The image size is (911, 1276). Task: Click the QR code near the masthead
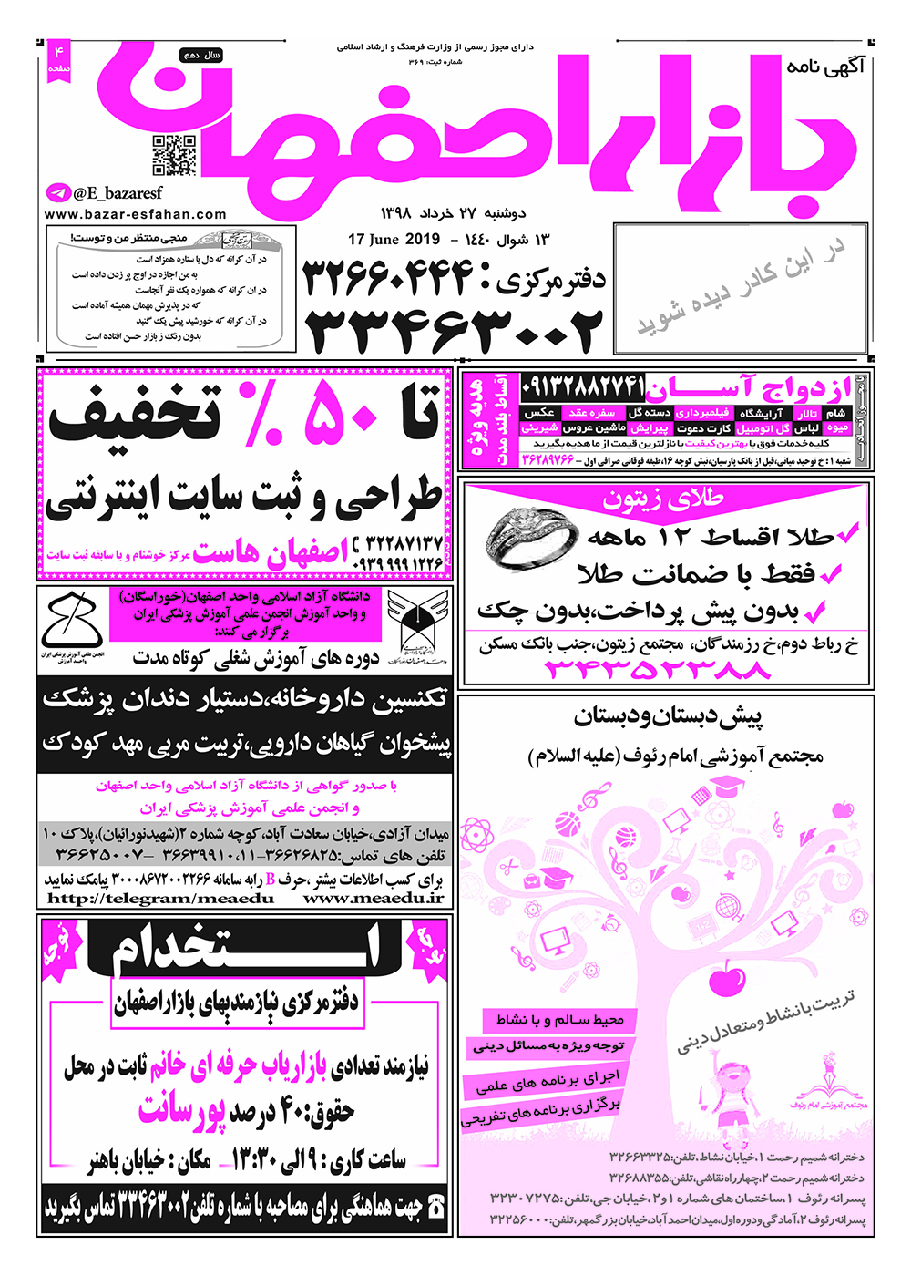tap(173, 155)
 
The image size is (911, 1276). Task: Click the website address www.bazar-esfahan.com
tap(135, 215)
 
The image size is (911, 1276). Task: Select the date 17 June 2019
tap(394, 240)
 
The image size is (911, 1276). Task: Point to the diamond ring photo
tap(530, 539)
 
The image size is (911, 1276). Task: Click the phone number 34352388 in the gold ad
tap(658, 670)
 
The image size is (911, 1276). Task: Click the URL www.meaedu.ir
tap(374, 898)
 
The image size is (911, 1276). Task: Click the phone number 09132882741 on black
tap(584, 387)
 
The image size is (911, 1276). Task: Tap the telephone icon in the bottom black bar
tap(436, 1208)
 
